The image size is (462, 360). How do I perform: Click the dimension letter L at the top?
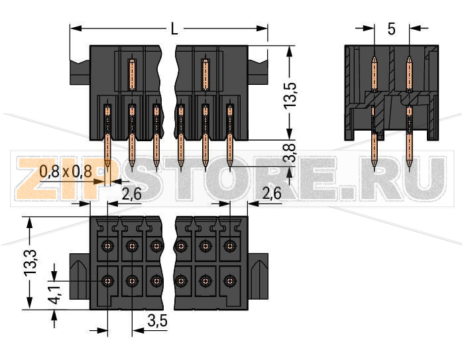pyautogui.click(x=174, y=29)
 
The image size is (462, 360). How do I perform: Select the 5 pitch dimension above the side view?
pyautogui.click(x=391, y=29)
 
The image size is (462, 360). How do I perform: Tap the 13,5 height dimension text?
pyautogui.click(x=290, y=93)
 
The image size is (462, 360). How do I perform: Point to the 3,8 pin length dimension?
pyautogui.click(x=290, y=154)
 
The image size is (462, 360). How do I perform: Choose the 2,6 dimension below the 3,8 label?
pyautogui.click(x=272, y=193)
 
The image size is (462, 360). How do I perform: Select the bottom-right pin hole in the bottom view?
pyautogui.click(x=229, y=280)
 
